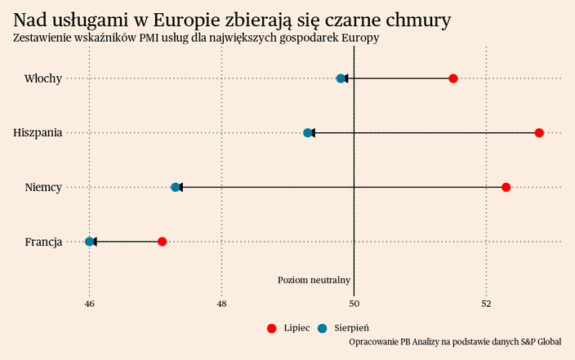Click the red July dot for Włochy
[x=453, y=78]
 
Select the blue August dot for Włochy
[x=341, y=78]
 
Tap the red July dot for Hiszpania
[x=539, y=132]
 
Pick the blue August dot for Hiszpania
[x=308, y=132]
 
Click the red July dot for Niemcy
[x=506, y=187]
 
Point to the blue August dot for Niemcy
[x=176, y=187]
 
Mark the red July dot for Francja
[x=163, y=242]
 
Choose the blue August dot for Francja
[x=90, y=242]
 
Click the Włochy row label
[x=43, y=78]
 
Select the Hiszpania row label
[x=38, y=132]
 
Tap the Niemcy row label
[x=43, y=187]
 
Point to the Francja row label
[x=43, y=242]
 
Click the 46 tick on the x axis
[x=90, y=304]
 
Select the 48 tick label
[x=222, y=304]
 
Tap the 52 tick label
[x=487, y=304]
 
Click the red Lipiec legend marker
[x=272, y=328]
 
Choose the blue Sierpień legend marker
[x=323, y=328]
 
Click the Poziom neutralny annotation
[x=314, y=280]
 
